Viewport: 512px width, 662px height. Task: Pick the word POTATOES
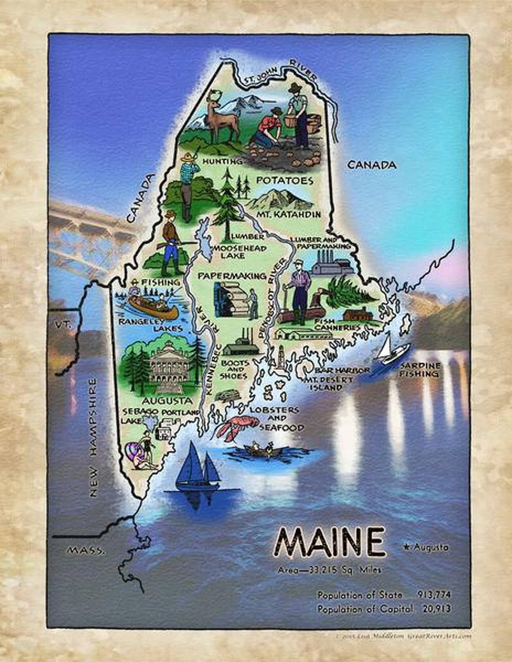(x=284, y=181)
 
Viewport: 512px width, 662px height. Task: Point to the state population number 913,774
(x=434, y=595)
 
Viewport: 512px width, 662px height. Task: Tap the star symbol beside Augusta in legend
(x=406, y=548)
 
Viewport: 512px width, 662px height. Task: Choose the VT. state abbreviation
(x=62, y=325)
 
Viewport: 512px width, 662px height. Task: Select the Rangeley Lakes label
(x=151, y=325)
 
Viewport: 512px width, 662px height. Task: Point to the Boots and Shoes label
(x=234, y=369)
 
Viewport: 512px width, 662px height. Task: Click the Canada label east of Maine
(x=372, y=165)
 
